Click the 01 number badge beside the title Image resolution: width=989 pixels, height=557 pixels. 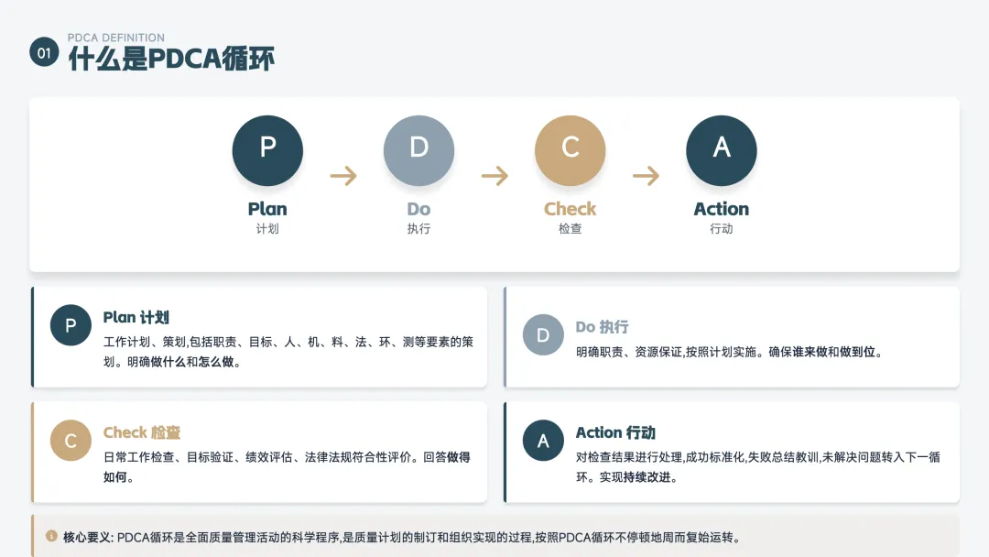tap(44, 53)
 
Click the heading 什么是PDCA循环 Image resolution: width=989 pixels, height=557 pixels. tap(171, 59)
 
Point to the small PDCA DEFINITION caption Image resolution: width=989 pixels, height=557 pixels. tap(116, 38)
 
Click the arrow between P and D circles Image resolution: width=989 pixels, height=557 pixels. tap(343, 175)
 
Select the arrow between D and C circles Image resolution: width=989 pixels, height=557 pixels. tap(494, 175)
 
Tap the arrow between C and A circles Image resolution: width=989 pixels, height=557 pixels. tap(646, 175)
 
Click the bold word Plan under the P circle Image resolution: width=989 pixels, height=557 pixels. tap(267, 209)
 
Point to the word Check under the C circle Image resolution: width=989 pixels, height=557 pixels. tap(570, 209)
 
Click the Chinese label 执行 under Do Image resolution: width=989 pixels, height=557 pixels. tap(418, 229)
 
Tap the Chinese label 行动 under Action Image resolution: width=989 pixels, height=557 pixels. tap(722, 229)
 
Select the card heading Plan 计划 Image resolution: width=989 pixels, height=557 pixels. tap(136, 318)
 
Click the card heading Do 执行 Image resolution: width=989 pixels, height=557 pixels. tap(602, 327)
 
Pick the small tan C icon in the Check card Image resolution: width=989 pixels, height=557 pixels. tap(71, 441)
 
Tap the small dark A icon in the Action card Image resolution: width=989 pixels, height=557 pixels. tap(543, 441)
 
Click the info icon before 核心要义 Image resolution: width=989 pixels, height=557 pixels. tap(51, 535)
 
